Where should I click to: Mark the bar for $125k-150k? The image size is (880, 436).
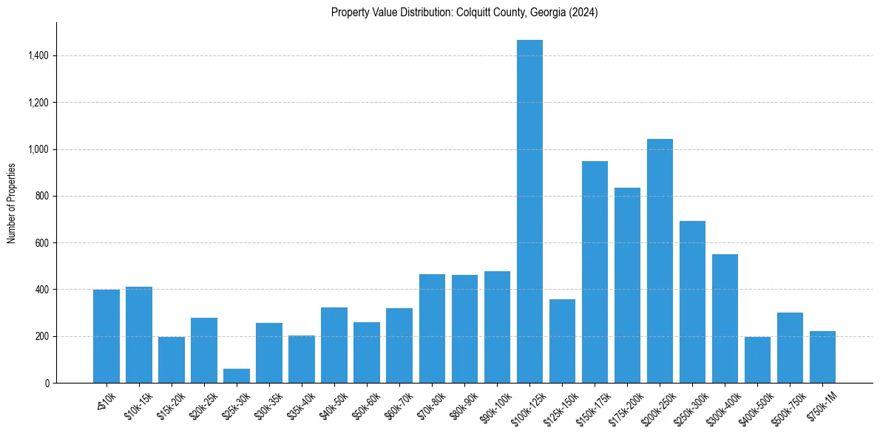pos(562,341)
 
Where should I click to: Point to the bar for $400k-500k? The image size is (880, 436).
pos(757,360)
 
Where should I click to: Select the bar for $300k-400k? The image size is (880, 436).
pos(725,319)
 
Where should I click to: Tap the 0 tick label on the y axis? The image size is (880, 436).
pos(47,383)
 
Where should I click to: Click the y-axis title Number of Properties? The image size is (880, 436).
pos(12,202)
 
